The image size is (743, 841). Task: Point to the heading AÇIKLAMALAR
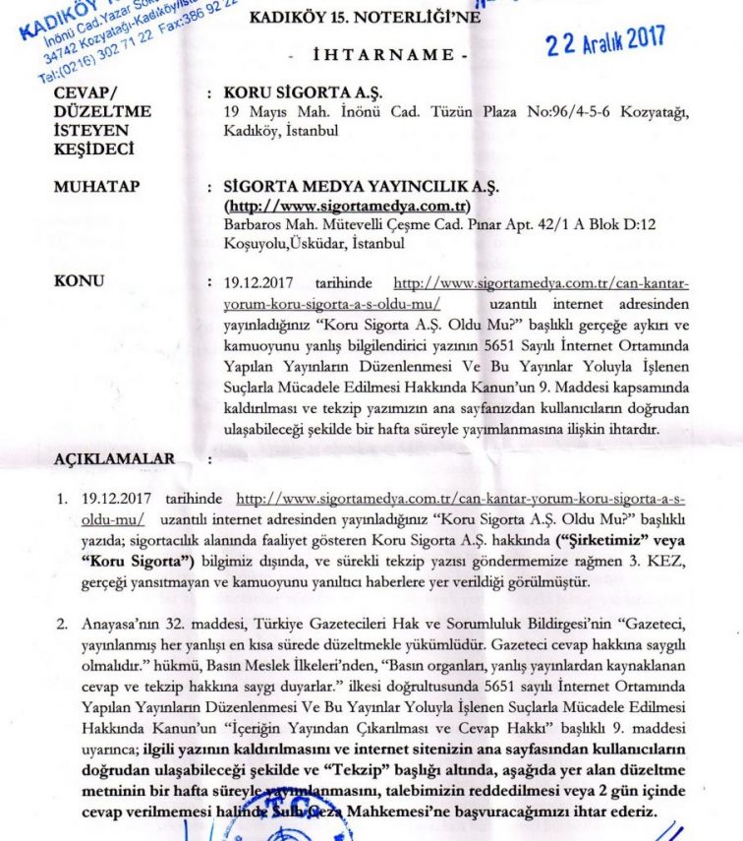tap(114, 459)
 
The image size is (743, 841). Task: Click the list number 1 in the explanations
tap(60, 501)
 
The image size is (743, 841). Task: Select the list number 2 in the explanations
tap(60, 624)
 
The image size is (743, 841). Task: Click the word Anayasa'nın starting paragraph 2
tap(123, 624)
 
